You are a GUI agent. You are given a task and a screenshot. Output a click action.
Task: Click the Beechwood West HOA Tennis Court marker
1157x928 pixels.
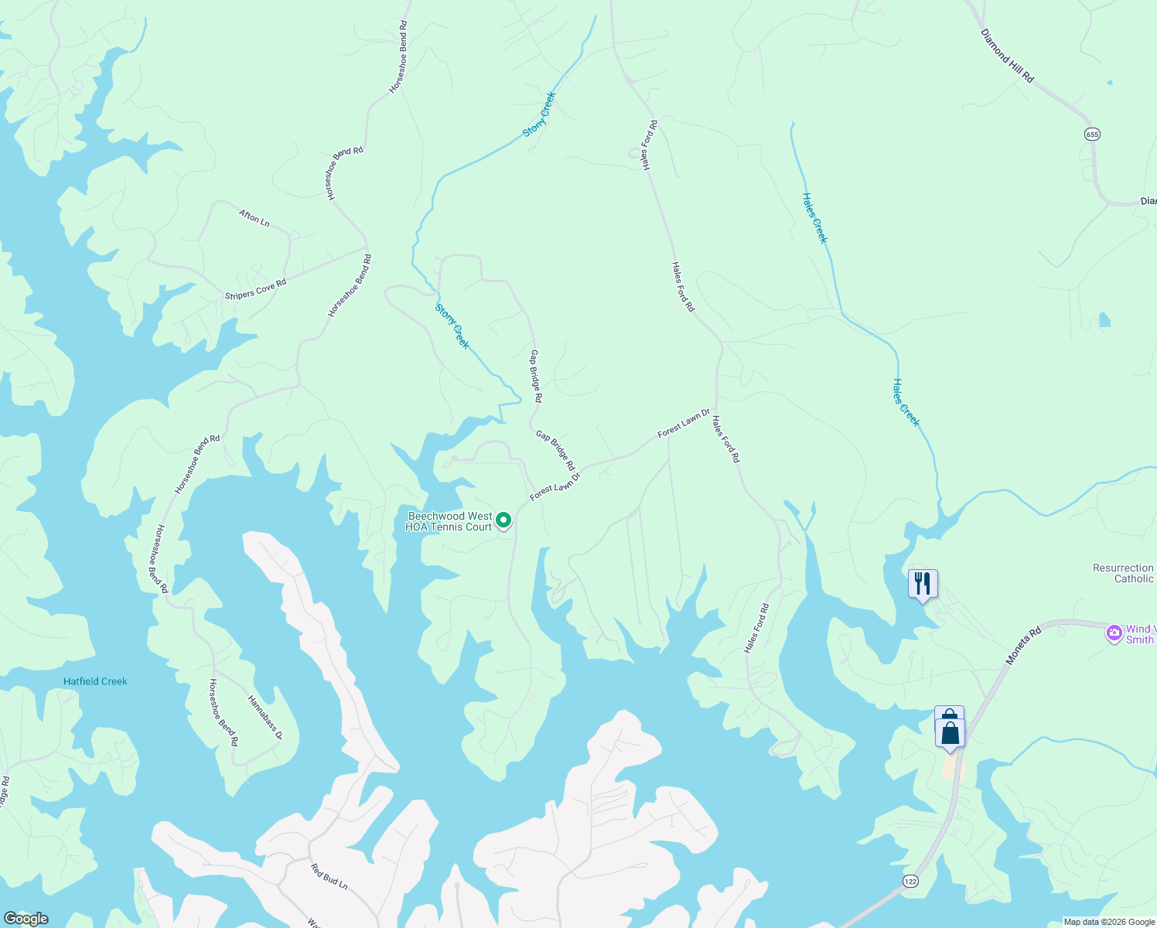[503, 520]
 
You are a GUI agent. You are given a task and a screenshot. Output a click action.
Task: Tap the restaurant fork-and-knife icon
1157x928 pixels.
[923, 582]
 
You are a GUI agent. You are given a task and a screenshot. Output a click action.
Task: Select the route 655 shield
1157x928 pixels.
[1092, 134]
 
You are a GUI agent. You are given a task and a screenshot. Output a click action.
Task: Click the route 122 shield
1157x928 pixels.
[910, 881]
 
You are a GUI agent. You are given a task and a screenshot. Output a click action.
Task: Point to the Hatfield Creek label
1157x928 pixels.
[95, 681]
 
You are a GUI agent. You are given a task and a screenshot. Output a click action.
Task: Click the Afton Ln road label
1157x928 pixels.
[254, 218]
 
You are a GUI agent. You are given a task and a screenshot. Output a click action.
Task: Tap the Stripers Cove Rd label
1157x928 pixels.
[256, 289]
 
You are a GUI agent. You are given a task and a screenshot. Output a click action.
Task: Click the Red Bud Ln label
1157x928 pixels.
[329, 876]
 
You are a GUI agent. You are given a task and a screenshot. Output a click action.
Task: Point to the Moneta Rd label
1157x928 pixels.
[1024, 647]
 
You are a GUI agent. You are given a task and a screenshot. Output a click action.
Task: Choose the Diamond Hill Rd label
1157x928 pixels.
[1007, 56]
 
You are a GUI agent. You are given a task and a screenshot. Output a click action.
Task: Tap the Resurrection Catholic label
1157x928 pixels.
[1124, 573]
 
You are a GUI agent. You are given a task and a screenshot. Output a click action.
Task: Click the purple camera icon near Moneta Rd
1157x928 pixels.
[1114, 633]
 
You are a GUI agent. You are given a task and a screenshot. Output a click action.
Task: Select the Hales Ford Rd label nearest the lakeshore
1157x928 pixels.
[756, 628]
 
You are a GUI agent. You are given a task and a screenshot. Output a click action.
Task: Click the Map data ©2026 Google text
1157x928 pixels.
[1109, 922]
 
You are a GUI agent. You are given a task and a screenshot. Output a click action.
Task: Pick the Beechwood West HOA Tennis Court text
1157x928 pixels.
[449, 521]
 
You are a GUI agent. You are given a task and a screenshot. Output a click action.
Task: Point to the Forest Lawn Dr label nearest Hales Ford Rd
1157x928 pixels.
[684, 424]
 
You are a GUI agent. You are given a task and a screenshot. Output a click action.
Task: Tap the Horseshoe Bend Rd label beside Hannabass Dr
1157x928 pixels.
[224, 712]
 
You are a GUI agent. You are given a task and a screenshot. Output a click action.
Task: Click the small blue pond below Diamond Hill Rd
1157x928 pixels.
[1104, 319]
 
